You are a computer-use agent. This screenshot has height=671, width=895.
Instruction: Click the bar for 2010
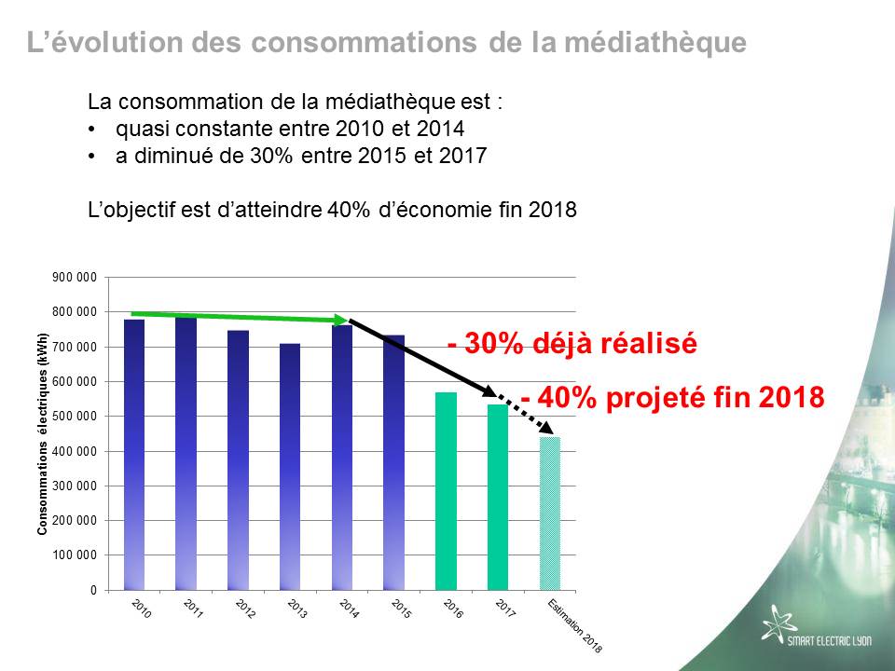coord(134,454)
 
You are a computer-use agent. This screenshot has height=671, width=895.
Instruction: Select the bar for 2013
coord(290,467)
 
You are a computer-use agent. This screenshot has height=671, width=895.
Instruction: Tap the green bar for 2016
coord(446,491)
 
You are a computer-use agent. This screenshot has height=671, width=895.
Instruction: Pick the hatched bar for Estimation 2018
coord(550,514)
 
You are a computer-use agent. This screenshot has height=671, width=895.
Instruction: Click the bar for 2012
coord(238,459)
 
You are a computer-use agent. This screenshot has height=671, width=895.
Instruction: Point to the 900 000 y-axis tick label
coord(75,278)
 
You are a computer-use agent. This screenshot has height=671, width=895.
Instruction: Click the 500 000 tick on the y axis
coord(75,417)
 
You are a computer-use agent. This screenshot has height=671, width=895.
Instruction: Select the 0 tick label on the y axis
coord(93,591)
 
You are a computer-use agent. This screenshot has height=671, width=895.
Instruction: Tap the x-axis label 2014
coord(350,609)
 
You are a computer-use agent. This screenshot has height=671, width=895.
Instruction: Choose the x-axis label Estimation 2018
coord(575,626)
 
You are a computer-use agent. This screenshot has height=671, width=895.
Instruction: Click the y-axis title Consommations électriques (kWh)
coord(42,434)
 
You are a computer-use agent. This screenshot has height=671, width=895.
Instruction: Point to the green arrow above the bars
coord(240,317)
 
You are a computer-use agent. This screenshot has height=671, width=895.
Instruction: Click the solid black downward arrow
coord(422,357)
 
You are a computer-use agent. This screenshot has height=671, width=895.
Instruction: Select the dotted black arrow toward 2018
coord(526,414)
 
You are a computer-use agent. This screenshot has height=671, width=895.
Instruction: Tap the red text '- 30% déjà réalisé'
coord(572,343)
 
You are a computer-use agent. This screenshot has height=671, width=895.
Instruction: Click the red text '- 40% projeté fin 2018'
coord(673,397)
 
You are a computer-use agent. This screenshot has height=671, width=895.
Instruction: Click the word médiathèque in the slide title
coord(655,42)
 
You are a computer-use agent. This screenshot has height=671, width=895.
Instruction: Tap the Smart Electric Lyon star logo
coord(778,623)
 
